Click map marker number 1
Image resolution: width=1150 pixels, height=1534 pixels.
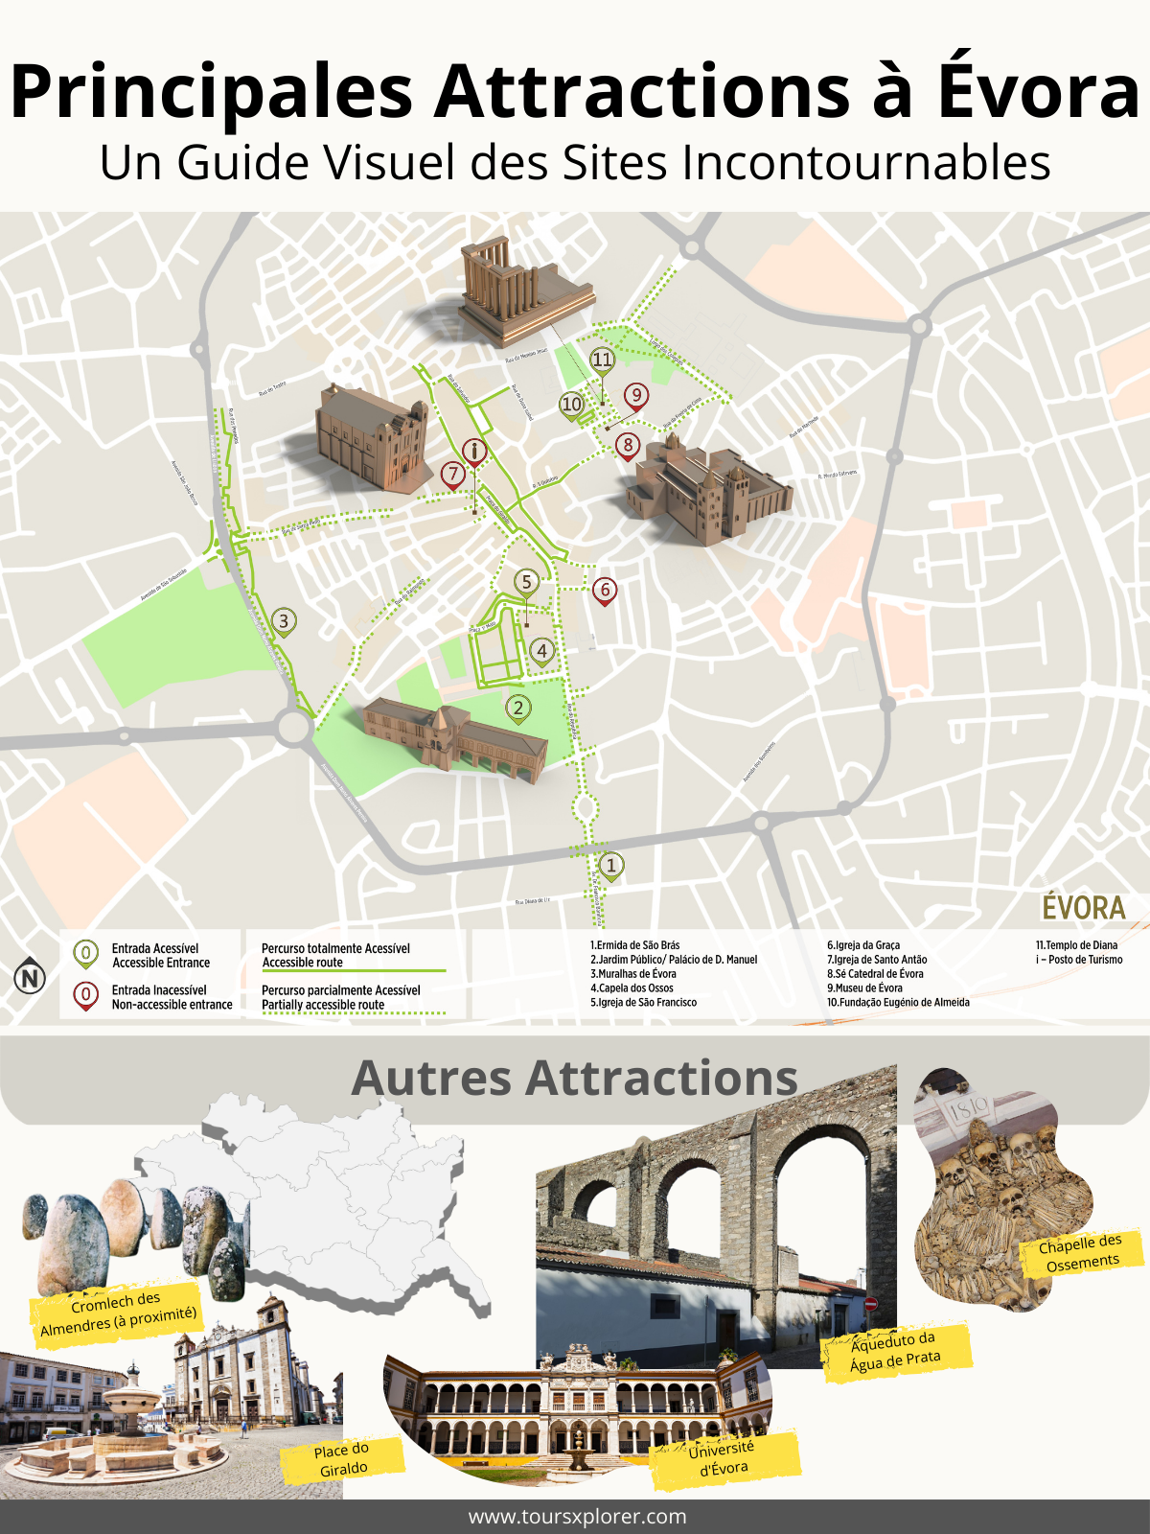(x=611, y=866)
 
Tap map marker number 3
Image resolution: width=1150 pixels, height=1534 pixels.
(x=284, y=621)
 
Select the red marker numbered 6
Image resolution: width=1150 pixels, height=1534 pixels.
(x=604, y=590)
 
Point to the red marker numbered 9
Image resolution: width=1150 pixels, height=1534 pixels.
(x=635, y=395)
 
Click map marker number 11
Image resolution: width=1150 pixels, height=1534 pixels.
(x=602, y=360)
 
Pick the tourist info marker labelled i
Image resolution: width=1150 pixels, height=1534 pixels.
(x=473, y=450)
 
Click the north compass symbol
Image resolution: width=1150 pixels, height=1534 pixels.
(x=30, y=978)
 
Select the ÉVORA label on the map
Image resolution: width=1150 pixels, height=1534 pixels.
(x=1083, y=907)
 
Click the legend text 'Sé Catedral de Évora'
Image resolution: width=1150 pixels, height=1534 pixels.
(x=875, y=974)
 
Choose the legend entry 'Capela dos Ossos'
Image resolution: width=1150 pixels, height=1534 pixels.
(x=632, y=988)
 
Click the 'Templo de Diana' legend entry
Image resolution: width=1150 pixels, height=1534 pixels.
(x=1076, y=945)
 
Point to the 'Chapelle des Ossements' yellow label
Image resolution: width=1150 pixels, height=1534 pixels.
(x=1081, y=1253)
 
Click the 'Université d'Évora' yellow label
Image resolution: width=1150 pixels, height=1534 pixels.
(x=723, y=1458)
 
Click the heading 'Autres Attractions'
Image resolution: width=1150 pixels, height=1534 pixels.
(x=574, y=1078)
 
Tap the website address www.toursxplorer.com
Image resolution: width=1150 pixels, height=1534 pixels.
(x=577, y=1517)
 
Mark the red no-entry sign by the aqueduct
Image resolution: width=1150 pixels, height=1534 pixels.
(x=870, y=1304)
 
